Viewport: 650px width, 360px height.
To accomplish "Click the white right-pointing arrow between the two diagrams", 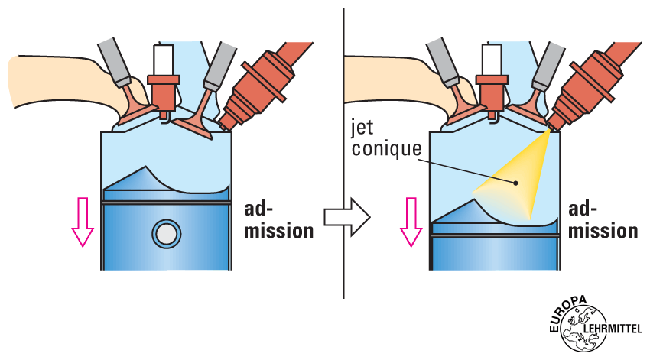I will [346, 216].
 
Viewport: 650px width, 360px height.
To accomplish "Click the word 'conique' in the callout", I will [386, 148].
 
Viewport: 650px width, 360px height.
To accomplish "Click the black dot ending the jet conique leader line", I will [517, 183].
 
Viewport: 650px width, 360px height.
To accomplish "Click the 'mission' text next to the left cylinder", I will [278, 230].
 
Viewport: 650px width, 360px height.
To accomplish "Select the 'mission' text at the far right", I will [605, 230].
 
